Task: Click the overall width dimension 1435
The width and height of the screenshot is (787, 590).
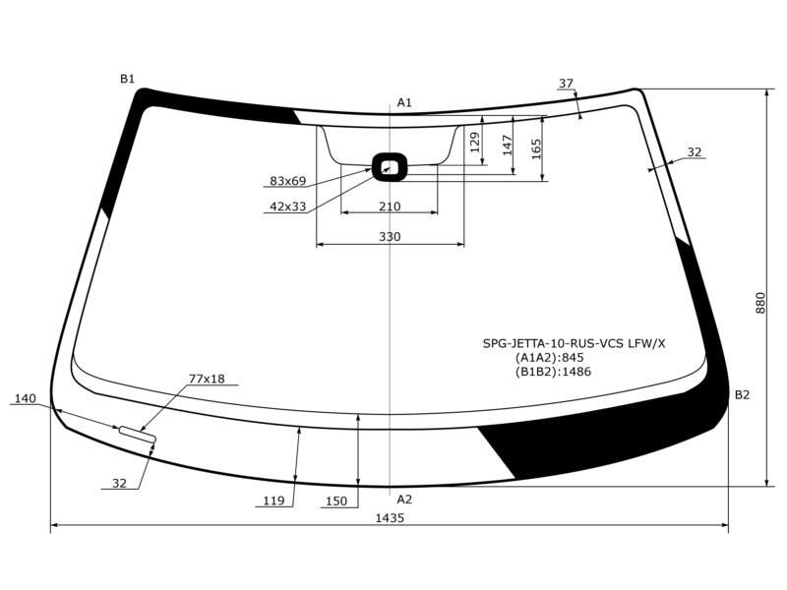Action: (x=390, y=518)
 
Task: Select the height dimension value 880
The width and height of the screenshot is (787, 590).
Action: (x=760, y=303)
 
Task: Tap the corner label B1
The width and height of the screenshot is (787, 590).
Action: (x=128, y=79)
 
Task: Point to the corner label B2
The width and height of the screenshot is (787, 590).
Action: (x=742, y=395)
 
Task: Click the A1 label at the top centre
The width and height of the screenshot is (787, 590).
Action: (x=404, y=103)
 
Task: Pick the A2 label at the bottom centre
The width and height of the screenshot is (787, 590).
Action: (x=404, y=500)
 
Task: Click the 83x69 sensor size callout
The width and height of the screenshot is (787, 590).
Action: (x=287, y=181)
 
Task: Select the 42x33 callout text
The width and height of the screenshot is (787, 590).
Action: (x=287, y=206)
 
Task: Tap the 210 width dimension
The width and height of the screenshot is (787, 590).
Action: (x=390, y=206)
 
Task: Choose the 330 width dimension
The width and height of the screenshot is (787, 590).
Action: (x=390, y=237)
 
